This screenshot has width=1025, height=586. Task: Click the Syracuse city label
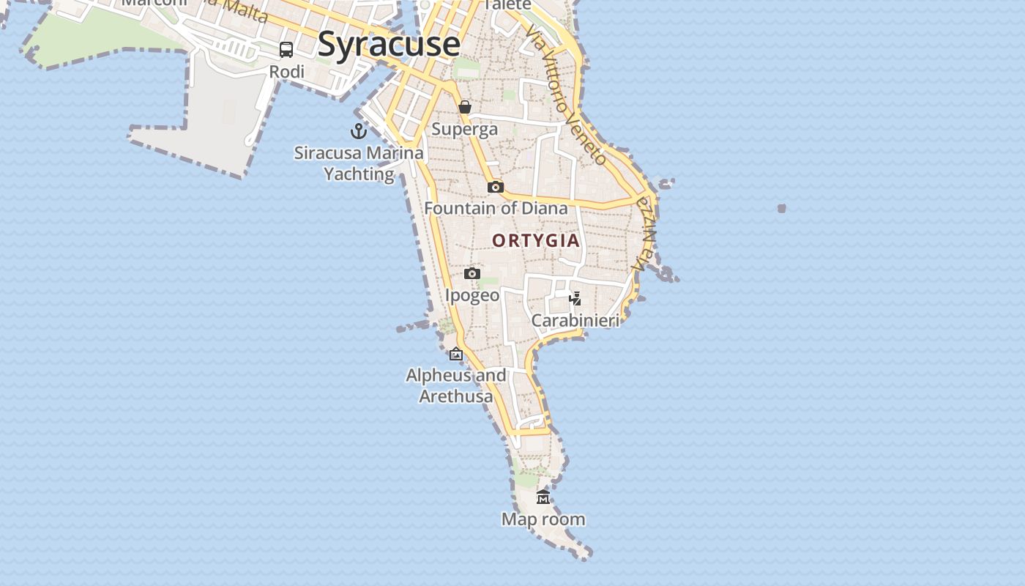pyautogui.click(x=389, y=45)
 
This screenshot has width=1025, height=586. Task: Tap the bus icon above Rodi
pyautogui.click(x=286, y=50)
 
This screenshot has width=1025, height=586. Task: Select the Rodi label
pyautogui.click(x=286, y=72)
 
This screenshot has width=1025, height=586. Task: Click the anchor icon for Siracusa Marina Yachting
pyautogui.click(x=358, y=131)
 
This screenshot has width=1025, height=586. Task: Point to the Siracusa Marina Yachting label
pyautogui.click(x=359, y=163)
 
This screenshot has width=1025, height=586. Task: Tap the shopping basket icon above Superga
pyautogui.click(x=465, y=108)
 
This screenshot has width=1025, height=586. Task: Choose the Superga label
pyautogui.click(x=464, y=130)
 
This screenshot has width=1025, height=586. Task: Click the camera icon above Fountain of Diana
pyautogui.click(x=496, y=187)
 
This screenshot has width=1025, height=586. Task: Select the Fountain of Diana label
pyautogui.click(x=496, y=209)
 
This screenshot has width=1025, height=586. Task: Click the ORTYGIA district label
pyautogui.click(x=536, y=240)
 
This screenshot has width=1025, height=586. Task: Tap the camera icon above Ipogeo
pyautogui.click(x=472, y=274)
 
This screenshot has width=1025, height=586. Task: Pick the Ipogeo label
pyautogui.click(x=472, y=295)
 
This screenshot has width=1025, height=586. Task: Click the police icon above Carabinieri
pyautogui.click(x=575, y=299)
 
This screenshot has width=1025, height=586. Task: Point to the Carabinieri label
pyautogui.click(x=575, y=320)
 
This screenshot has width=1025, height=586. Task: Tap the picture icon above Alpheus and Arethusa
pyautogui.click(x=456, y=355)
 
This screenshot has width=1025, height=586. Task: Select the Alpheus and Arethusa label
pyautogui.click(x=456, y=386)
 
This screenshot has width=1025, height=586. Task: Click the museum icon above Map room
pyautogui.click(x=543, y=497)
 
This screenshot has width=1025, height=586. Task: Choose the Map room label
pyautogui.click(x=543, y=519)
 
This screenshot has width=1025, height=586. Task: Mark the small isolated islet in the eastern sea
pyautogui.click(x=782, y=209)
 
